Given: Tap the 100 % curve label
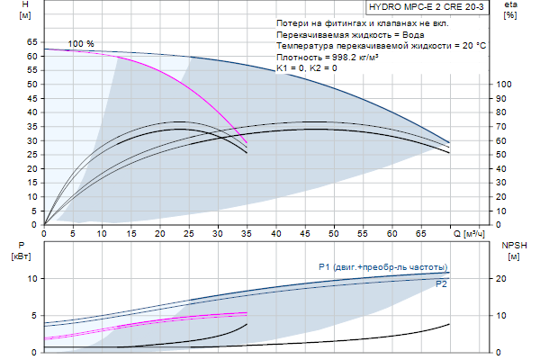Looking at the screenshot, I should pos(81,44).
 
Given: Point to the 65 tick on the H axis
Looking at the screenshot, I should pos(31,41).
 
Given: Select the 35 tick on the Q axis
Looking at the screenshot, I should pos(247,234).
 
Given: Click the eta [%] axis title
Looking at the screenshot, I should pos(510,10).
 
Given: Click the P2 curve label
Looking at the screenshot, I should pos(441,284).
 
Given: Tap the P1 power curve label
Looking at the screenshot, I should pos(382,267).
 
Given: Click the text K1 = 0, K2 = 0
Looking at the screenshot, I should pos(307,67).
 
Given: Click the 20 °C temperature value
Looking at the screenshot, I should pos(472,45).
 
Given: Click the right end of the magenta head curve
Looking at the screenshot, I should pos(247,142).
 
